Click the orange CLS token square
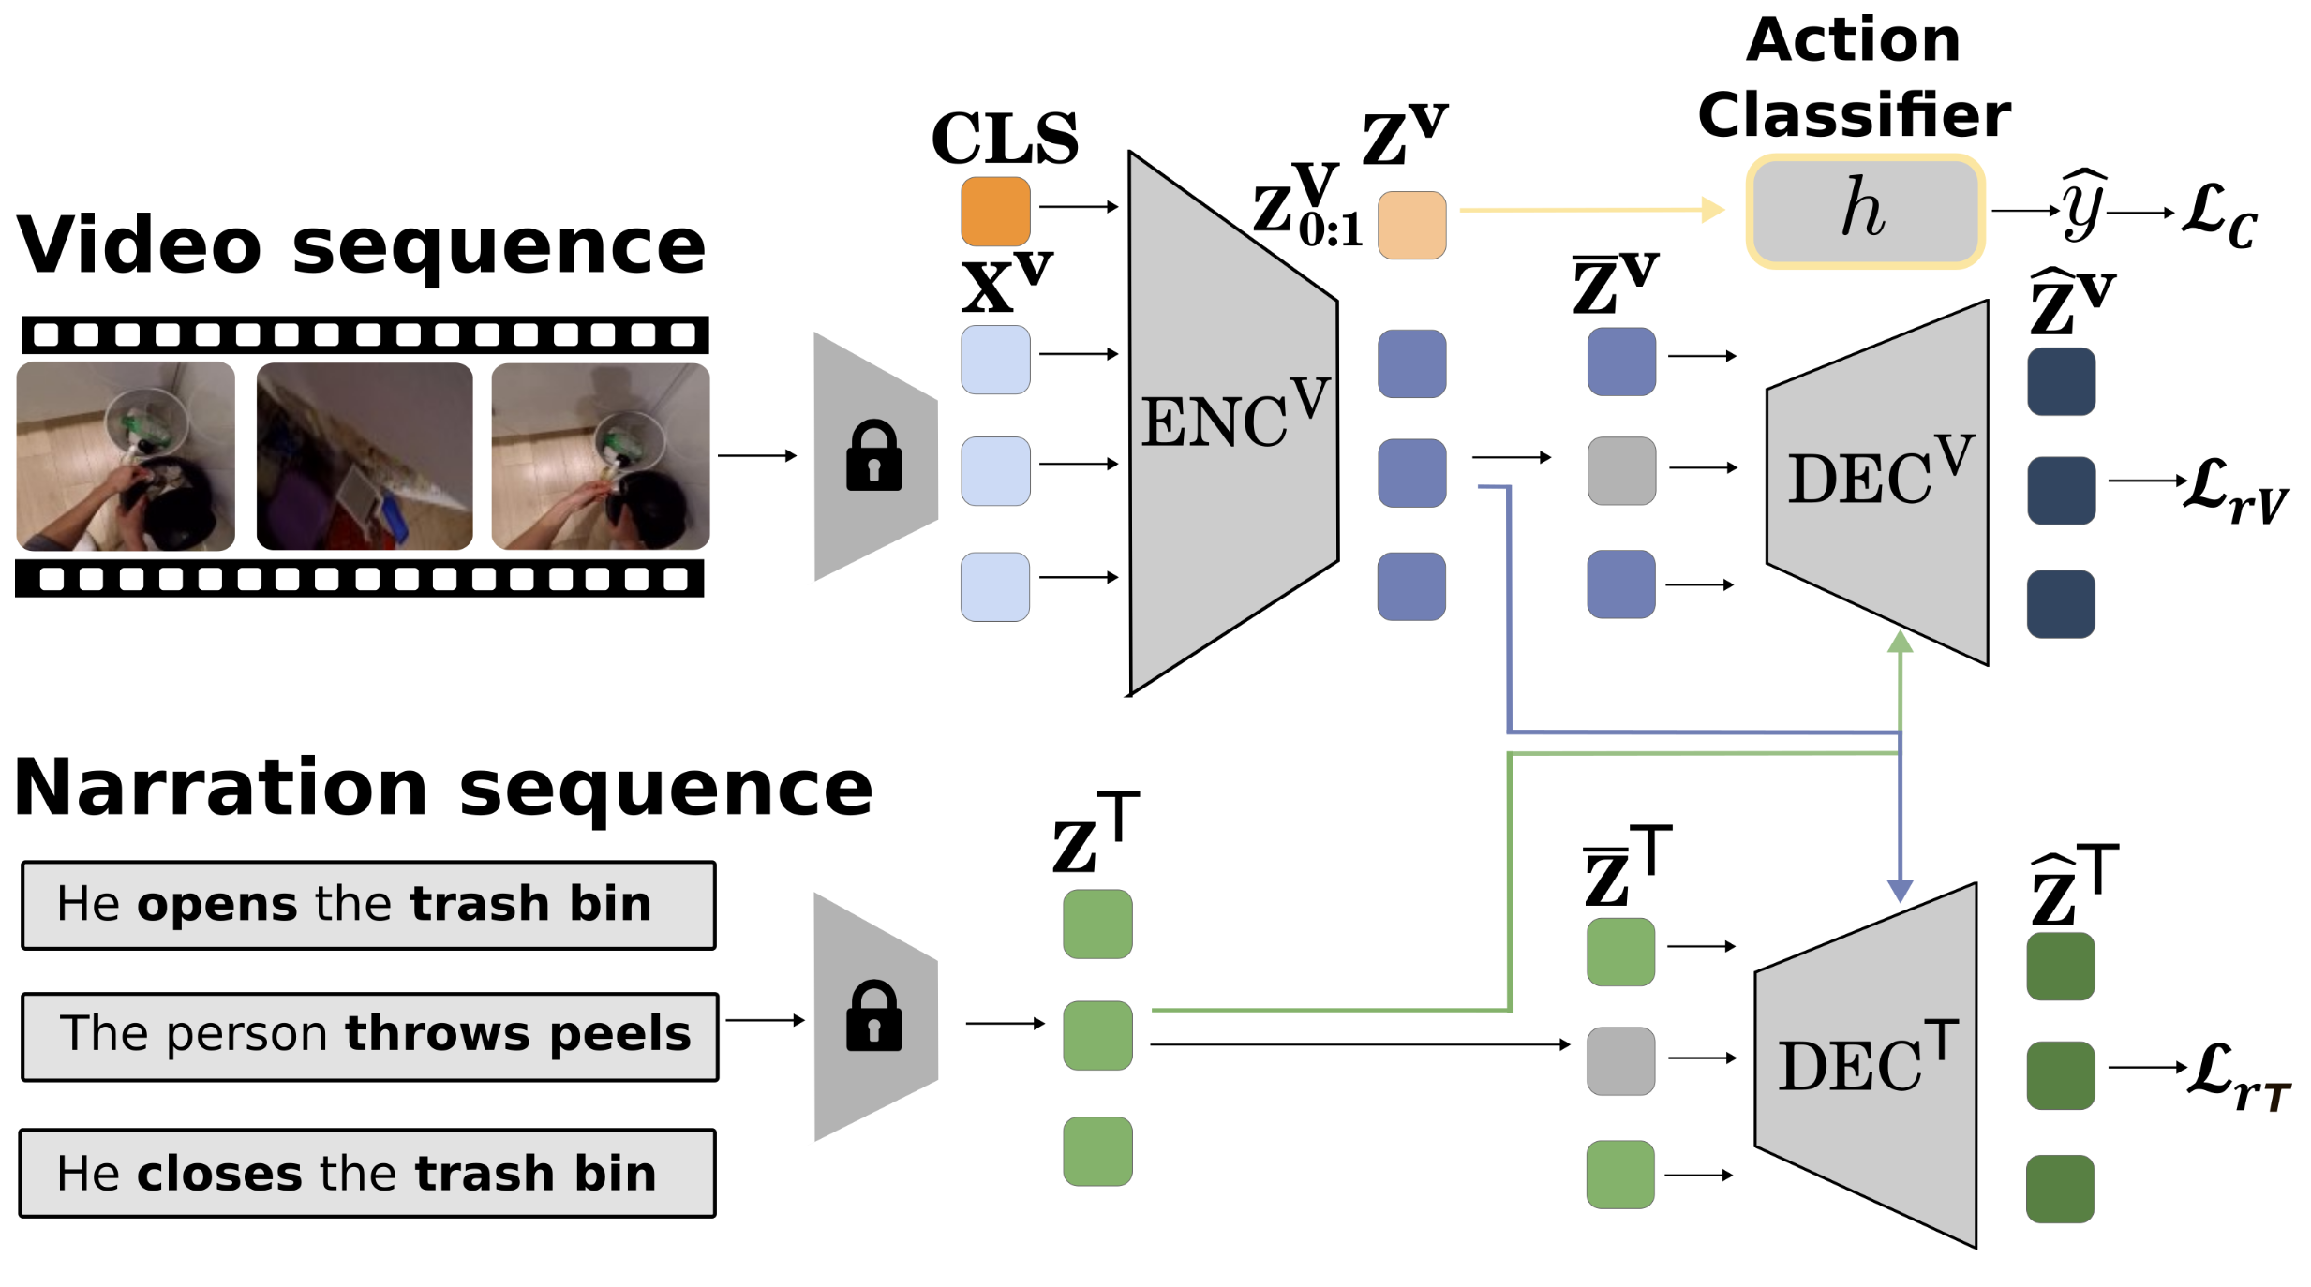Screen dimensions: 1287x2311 click(x=994, y=211)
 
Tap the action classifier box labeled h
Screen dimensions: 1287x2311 click(x=1864, y=211)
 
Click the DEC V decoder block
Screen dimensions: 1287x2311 click(x=1878, y=481)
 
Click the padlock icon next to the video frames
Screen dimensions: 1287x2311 click(x=873, y=456)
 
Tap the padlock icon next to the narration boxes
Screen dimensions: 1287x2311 click(x=873, y=1017)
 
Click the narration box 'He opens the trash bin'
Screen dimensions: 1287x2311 click(x=368, y=905)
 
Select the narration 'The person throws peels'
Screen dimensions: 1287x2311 click(x=370, y=1036)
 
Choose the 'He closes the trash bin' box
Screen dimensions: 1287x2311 click(x=367, y=1173)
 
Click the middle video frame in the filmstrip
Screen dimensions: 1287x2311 click(x=365, y=456)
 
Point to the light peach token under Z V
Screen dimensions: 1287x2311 click(x=1411, y=225)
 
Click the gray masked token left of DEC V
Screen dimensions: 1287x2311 click(x=1620, y=470)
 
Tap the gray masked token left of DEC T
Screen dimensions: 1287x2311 click(x=1620, y=1060)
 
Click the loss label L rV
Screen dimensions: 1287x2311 click(x=2234, y=490)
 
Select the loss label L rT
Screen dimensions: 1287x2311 click(x=2238, y=1074)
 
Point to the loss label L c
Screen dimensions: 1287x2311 click(x=2219, y=215)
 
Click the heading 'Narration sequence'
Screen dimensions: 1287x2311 click(x=442, y=789)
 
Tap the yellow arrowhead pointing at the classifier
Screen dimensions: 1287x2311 click(x=1712, y=210)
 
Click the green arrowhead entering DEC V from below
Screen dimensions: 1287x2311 click(x=1900, y=642)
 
